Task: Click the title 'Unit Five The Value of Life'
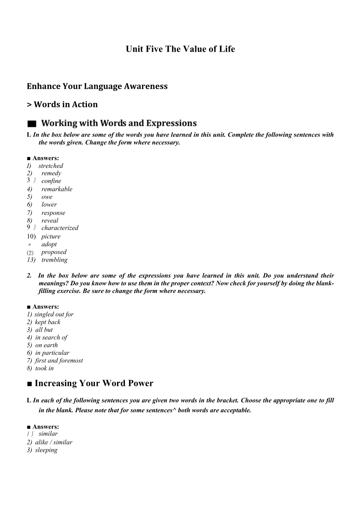point(180,49)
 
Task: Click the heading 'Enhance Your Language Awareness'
point(97,86)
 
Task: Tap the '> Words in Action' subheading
point(62,105)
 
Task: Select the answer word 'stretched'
point(50,166)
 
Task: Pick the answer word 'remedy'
point(51,173)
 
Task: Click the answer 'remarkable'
point(57,189)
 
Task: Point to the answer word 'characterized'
point(60,228)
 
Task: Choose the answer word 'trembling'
point(54,260)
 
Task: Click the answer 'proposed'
point(54,252)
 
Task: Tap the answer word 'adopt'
point(49,244)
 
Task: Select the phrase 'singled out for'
point(54,314)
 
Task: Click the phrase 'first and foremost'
point(59,361)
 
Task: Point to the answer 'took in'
point(44,368)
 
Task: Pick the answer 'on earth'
point(46,345)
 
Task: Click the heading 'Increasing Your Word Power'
point(94,383)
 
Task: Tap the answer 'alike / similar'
point(54,442)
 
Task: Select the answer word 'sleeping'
point(46,450)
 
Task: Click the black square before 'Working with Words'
point(32,124)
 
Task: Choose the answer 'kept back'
point(48,322)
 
